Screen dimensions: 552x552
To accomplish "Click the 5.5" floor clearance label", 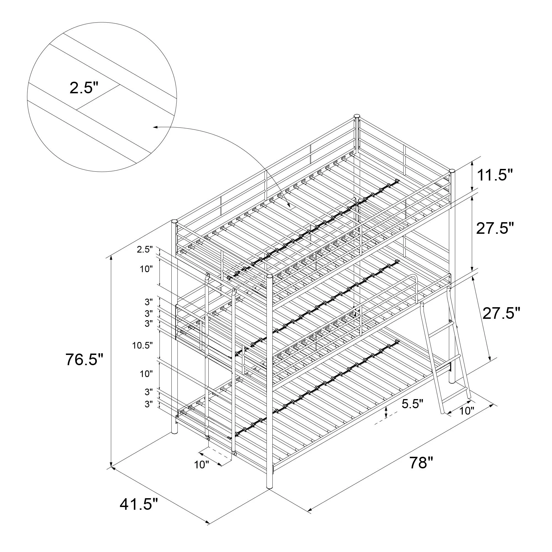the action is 412,404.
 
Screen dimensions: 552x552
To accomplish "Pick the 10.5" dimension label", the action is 143,346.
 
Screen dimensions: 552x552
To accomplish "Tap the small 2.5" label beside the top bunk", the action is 145,250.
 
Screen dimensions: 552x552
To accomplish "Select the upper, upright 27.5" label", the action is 495,228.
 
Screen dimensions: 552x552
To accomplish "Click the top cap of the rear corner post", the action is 357,116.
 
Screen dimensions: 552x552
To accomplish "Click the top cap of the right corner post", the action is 452,171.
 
